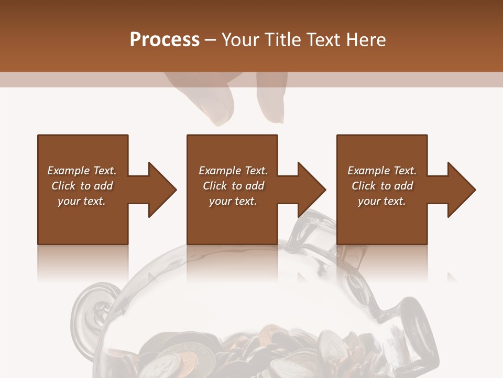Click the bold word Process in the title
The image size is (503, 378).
pyautogui.click(x=165, y=40)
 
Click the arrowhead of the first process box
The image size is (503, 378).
pyautogui.click(x=162, y=190)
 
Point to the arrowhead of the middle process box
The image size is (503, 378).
pyautogui.click(x=312, y=190)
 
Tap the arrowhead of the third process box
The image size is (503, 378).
pyautogui.click(x=462, y=190)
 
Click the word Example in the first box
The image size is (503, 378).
pyautogui.click(x=68, y=171)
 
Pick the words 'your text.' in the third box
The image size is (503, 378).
pyautogui.click(x=382, y=201)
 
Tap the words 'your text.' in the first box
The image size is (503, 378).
pyautogui.click(x=82, y=201)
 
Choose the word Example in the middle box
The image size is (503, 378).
pyautogui.click(x=219, y=171)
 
